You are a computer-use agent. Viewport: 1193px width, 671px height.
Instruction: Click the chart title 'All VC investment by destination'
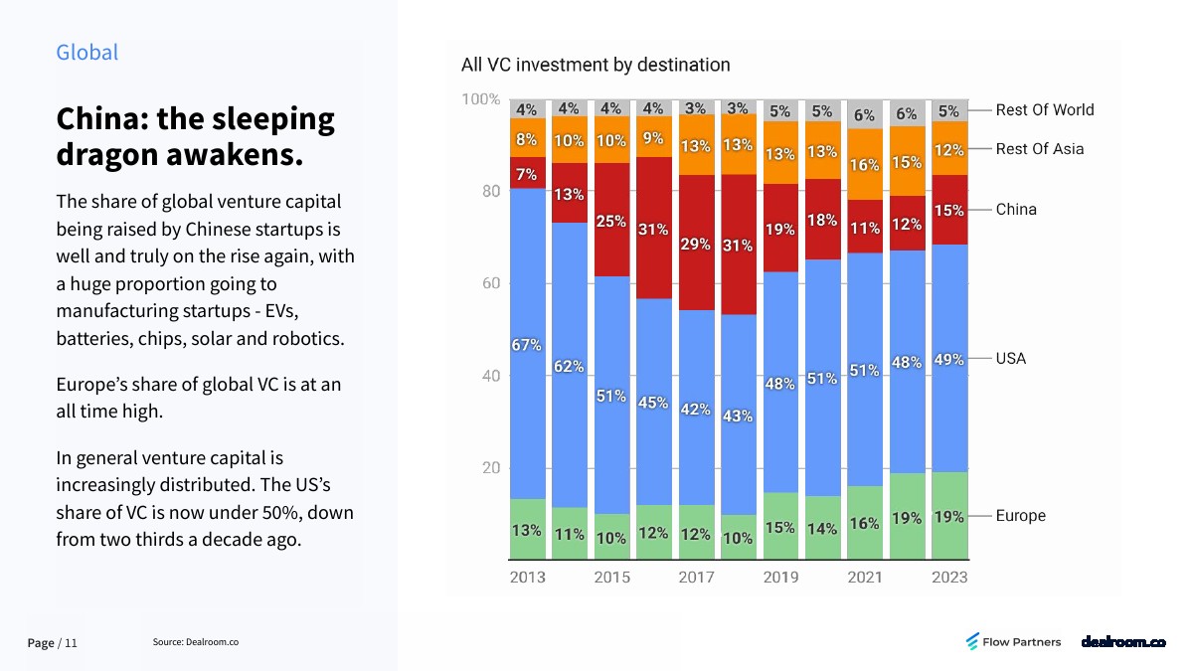coord(596,65)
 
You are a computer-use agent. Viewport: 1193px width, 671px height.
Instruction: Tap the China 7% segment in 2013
coord(527,173)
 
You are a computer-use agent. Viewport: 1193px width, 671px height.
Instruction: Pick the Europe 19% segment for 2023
coord(949,515)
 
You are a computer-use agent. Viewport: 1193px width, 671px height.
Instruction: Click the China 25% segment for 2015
coord(611,221)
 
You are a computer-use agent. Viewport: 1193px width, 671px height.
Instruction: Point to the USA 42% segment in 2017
coord(696,410)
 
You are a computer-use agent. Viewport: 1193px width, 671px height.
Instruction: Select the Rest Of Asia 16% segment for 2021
coord(865,164)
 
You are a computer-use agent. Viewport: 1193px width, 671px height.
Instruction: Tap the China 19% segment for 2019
coord(780,228)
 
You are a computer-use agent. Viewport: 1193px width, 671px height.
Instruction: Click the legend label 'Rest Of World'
coord(1045,109)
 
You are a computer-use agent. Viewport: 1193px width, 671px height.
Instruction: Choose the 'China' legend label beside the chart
coord(1016,209)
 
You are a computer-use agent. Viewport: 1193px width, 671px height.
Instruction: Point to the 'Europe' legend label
coord(1021,516)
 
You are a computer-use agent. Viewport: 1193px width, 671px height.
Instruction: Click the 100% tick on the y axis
coord(481,99)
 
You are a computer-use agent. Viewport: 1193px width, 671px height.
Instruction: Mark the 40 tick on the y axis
coord(490,376)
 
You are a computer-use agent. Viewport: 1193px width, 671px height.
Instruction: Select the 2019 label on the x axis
coord(780,577)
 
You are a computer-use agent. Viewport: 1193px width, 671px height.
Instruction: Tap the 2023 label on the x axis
coord(949,577)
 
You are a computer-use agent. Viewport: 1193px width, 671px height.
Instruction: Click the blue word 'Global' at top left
coord(86,53)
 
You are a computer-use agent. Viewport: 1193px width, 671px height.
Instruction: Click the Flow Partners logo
coord(1013,642)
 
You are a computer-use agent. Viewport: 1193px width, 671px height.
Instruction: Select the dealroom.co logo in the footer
coord(1122,642)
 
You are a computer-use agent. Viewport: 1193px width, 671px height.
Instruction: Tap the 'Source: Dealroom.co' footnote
coord(196,642)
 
